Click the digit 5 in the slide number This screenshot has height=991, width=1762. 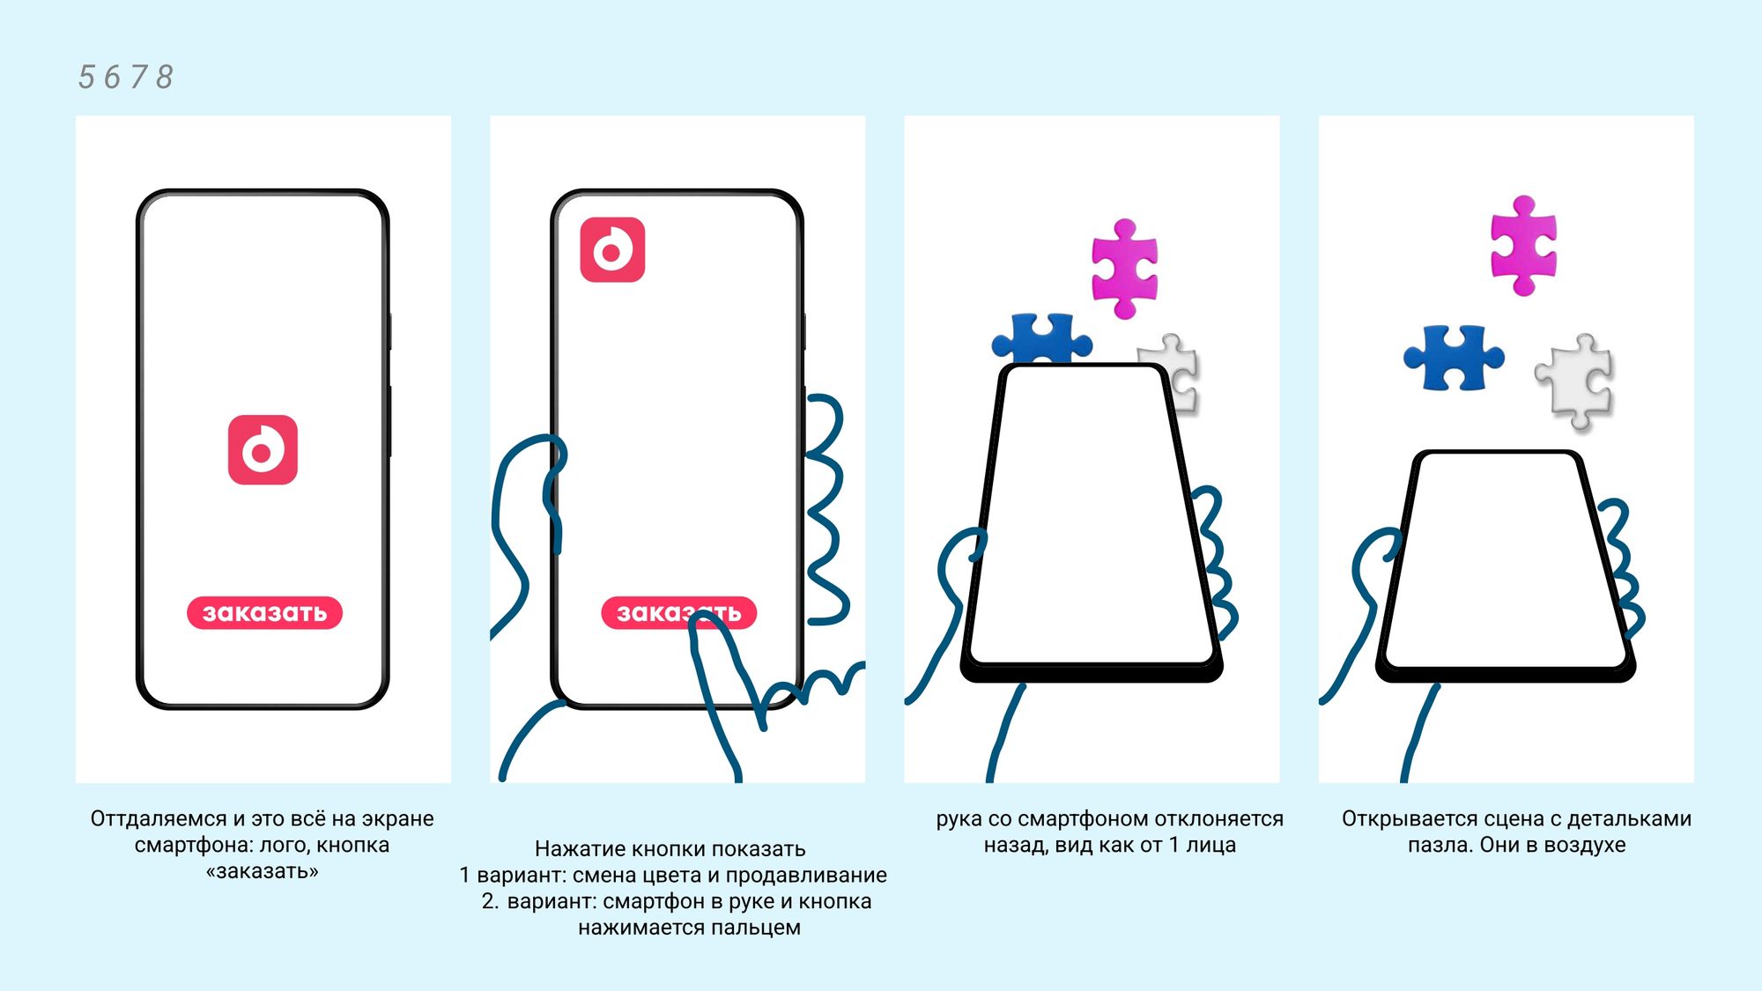coord(86,78)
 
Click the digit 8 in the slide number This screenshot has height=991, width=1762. coord(164,78)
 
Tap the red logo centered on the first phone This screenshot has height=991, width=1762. coord(263,450)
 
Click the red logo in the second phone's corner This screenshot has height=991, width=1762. coord(612,250)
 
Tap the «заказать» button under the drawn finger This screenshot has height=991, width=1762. coord(678,612)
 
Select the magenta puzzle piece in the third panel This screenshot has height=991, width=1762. coord(1124,268)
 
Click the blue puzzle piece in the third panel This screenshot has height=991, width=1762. coord(1041,337)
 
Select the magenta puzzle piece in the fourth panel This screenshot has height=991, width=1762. coord(1523,246)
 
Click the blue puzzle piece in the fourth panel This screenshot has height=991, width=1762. coord(1454,358)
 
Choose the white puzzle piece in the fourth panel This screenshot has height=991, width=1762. coord(1575,381)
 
